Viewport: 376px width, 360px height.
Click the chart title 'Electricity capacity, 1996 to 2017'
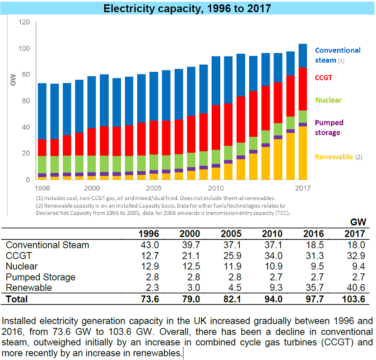pyautogui.click(x=188, y=8)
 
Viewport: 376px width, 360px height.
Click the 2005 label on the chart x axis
pyautogui.click(x=153, y=188)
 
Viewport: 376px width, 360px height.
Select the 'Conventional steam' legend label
pyautogui.click(x=337, y=55)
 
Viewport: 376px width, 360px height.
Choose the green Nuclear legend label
pyautogui.click(x=328, y=100)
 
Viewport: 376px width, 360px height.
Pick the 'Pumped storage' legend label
pyautogui.click(x=329, y=127)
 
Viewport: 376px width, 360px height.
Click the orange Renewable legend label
pyautogui.click(x=334, y=157)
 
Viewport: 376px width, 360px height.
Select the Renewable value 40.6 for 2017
pyautogui.click(x=355, y=288)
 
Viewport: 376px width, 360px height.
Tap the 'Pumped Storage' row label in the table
pyautogui.click(x=40, y=277)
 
